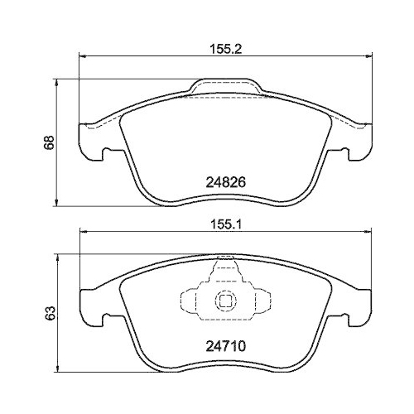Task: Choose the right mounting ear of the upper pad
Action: click(x=358, y=141)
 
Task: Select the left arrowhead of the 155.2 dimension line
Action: click(x=81, y=56)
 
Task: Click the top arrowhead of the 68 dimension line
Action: click(x=56, y=81)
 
